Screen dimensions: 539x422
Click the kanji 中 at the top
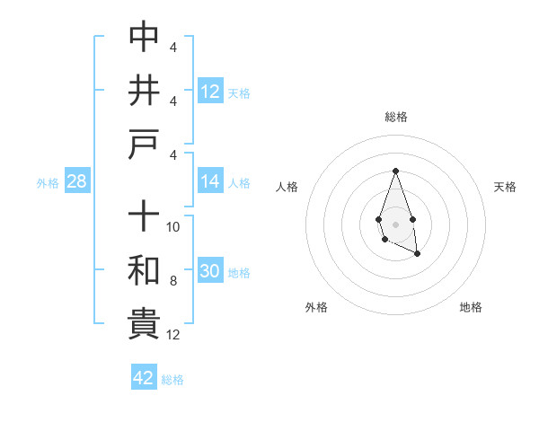pos(144,37)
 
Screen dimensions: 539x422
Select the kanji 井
pos(144,92)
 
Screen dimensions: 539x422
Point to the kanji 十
pos(144,216)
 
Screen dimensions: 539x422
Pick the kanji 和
pos(144,270)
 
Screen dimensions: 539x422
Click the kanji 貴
pos(144,324)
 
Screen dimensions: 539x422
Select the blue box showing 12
pos(210,92)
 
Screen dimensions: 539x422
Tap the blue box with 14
pos(210,182)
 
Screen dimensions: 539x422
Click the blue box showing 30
pos(210,272)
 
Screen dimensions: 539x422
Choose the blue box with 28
pos(76,182)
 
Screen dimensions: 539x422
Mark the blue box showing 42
pos(144,378)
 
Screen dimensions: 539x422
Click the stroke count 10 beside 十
pos(174,227)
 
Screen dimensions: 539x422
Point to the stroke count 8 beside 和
pos(174,281)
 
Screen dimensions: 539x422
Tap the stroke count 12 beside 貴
pos(174,335)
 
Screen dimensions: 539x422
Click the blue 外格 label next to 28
pos(48,183)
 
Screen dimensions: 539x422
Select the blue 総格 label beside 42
pos(172,379)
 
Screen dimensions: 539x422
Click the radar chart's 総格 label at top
pos(395,117)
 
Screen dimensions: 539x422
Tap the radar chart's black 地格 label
pos(471,307)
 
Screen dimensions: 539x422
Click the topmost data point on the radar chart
pos(395,171)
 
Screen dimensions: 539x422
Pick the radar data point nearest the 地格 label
pos(418,254)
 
